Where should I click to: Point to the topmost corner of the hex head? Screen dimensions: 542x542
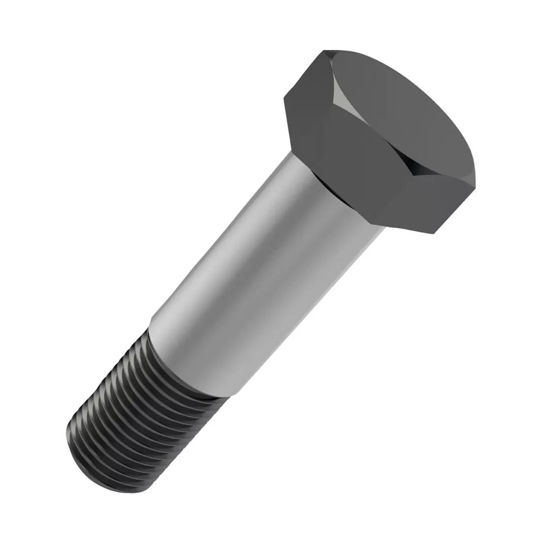(325, 50)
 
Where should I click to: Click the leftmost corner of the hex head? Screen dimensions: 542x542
(285, 98)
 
